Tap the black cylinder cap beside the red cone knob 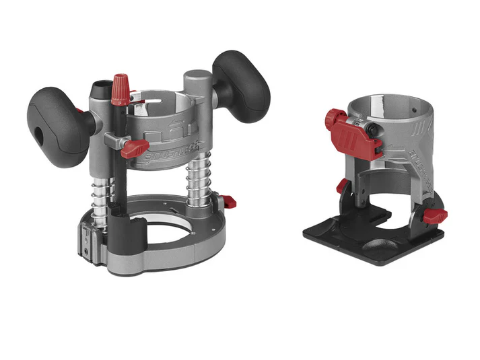tap(102, 88)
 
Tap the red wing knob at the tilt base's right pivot tap(436, 216)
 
